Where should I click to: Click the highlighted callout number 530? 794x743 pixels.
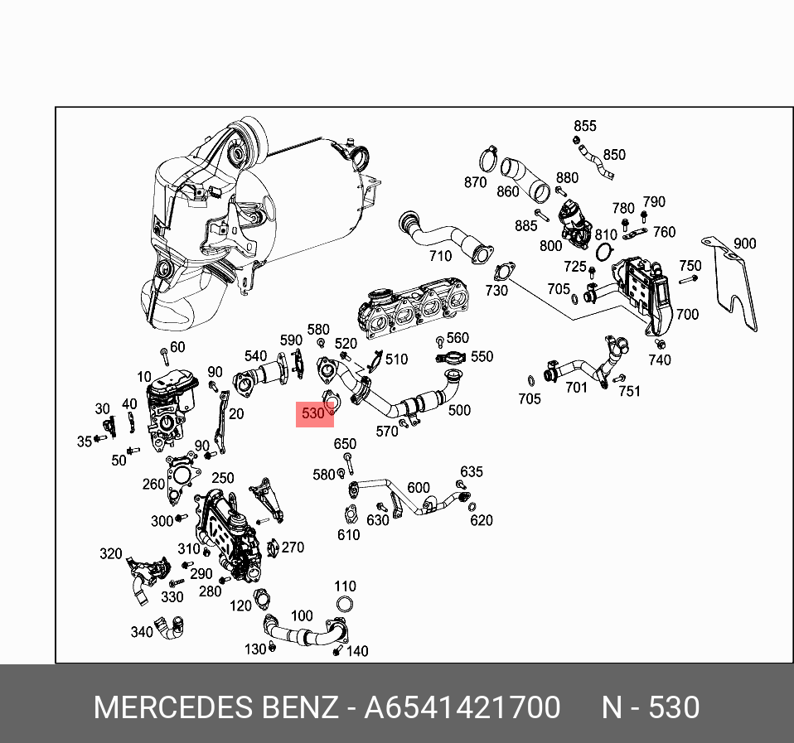coord(313,413)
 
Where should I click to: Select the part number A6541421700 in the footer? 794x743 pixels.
coord(462,707)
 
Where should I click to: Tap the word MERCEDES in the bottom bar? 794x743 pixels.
coord(171,707)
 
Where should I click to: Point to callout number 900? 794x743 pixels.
coord(744,244)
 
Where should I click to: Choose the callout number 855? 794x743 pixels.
coord(585,126)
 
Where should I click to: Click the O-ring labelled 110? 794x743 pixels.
coord(346,604)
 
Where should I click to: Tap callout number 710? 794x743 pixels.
coord(440,257)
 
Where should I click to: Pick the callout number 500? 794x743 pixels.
coord(459,409)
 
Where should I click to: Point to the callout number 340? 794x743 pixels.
coord(142,632)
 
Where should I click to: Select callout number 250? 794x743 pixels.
coord(222,478)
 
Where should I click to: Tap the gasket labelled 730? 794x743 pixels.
coord(502,272)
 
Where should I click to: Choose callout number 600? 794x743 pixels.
coord(419,488)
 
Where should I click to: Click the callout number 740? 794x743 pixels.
coord(660,359)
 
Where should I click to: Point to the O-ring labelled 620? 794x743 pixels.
coord(472,507)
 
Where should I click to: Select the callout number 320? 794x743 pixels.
coord(111,553)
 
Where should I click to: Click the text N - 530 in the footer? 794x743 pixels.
coord(651,707)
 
